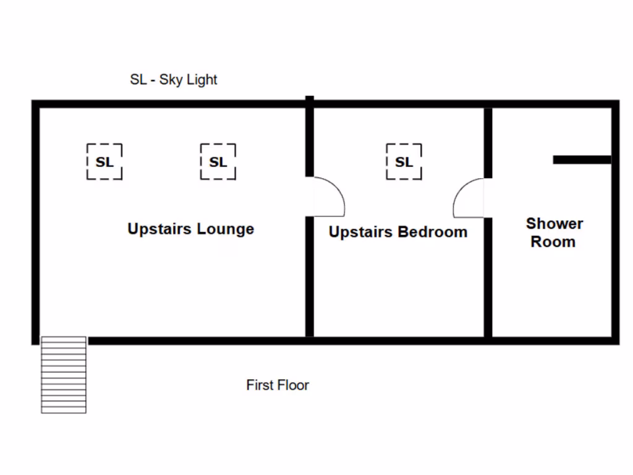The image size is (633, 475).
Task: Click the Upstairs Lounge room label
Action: (190, 229)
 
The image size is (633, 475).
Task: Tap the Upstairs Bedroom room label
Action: (397, 233)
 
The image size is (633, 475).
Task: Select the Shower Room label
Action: (554, 233)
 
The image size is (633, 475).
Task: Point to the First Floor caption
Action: (278, 385)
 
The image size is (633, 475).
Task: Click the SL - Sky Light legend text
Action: (174, 80)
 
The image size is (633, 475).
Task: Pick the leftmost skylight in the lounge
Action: (104, 162)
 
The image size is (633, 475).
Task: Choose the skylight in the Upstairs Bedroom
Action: (404, 162)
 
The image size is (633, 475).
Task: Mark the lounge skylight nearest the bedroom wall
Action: (218, 162)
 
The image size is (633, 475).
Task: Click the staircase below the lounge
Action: (63, 375)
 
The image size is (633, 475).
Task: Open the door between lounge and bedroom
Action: (326, 197)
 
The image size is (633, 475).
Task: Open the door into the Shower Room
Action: (469, 198)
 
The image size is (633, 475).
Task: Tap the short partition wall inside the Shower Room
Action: (582, 160)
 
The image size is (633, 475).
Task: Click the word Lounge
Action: (225, 229)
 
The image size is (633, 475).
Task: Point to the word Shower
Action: (554, 223)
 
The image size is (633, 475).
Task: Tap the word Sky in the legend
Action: (172, 80)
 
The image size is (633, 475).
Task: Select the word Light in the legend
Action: (202, 80)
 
